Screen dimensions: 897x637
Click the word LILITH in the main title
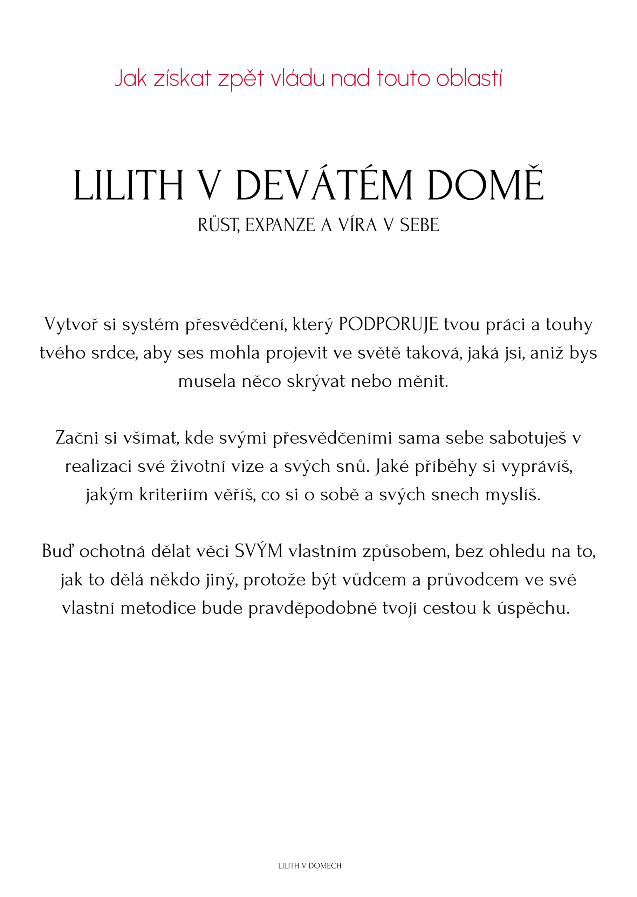click(x=128, y=185)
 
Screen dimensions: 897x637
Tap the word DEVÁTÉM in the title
click(x=324, y=185)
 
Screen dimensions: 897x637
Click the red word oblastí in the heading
click(x=469, y=78)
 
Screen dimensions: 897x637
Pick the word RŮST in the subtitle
click(x=219, y=225)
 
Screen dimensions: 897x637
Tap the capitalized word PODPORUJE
click(x=388, y=324)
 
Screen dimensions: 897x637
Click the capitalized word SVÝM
click(x=259, y=552)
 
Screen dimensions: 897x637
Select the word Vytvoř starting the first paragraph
click(x=71, y=324)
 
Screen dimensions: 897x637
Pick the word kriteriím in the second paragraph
click(x=173, y=495)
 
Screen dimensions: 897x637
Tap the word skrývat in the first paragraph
click(x=316, y=381)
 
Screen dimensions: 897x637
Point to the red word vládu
click(x=298, y=78)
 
